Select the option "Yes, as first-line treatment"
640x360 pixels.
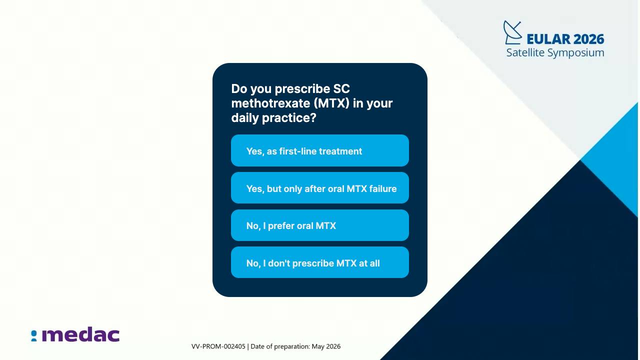[x=319, y=150]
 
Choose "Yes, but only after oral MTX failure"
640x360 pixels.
[x=319, y=188]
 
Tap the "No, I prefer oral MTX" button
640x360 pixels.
[x=319, y=225]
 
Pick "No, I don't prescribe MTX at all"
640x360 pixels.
[x=319, y=262]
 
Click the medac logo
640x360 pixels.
[x=75, y=334]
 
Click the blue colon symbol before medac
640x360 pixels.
[x=34, y=336]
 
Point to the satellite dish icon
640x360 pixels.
[x=512, y=32]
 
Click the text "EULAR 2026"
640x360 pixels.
[x=565, y=39]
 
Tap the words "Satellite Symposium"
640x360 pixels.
[x=555, y=53]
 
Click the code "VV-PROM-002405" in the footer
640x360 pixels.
[x=218, y=346]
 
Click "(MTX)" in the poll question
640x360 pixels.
[x=331, y=103]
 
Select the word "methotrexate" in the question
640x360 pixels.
[x=270, y=103]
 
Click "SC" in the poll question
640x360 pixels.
[x=341, y=88]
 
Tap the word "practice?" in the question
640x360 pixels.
[x=289, y=118]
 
